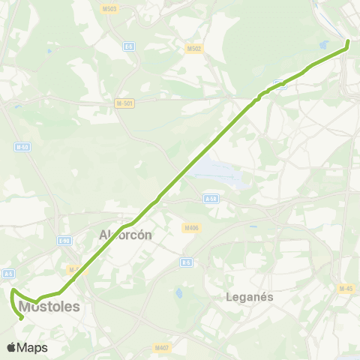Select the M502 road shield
click(x=193, y=49)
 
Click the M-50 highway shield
click(x=22, y=147)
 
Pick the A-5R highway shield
click(x=211, y=199)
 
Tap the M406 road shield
click(x=190, y=227)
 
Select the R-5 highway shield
click(x=186, y=262)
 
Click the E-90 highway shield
click(x=64, y=241)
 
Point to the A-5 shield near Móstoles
click(x=9, y=274)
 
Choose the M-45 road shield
click(x=345, y=289)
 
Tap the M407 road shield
click(x=161, y=347)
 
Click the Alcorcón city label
click(x=126, y=235)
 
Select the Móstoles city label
click(x=49, y=307)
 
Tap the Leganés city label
click(x=250, y=296)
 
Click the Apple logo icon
click(x=11, y=347)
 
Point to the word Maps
click(x=32, y=347)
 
